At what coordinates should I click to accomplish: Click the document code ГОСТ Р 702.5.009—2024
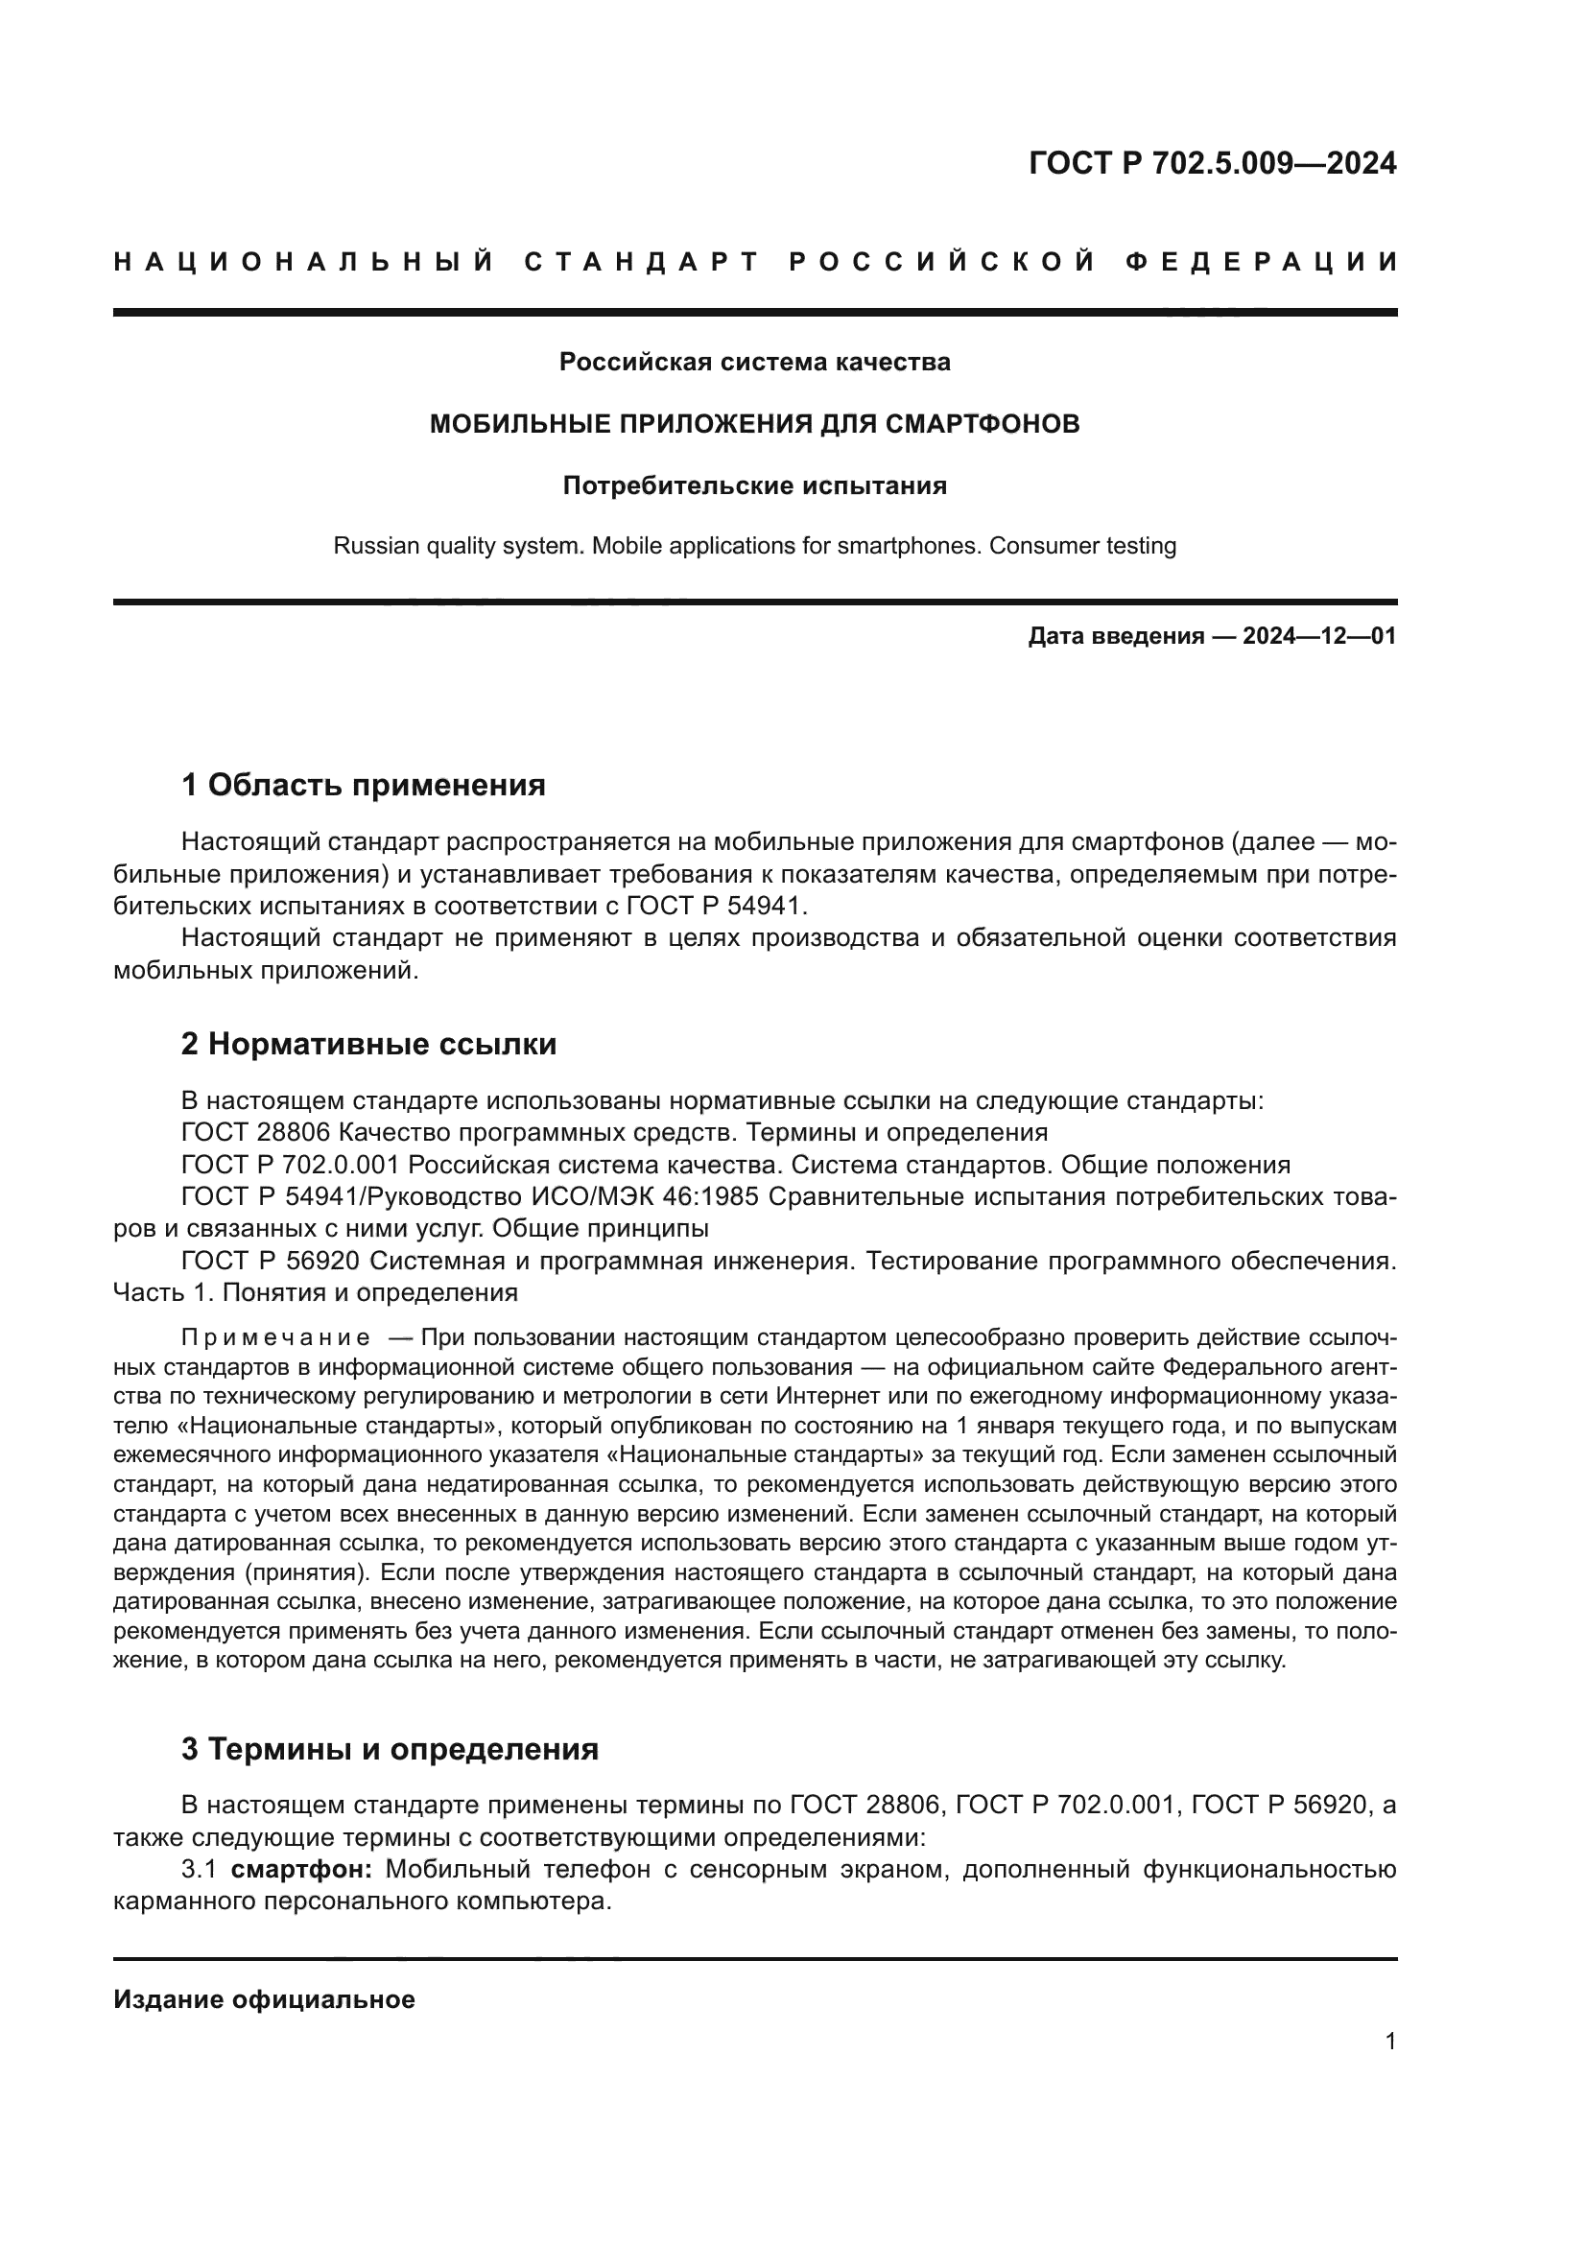click(1213, 163)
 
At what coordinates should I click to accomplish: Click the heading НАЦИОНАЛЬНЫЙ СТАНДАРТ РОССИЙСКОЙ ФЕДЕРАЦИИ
click(755, 262)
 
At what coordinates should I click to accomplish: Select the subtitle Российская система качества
click(754, 363)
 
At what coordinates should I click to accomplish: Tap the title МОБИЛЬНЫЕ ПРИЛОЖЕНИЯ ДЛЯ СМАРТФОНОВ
click(754, 424)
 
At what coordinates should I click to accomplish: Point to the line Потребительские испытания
click(754, 485)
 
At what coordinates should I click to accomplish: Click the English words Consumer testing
click(1082, 545)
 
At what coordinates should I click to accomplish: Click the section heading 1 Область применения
click(364, 785)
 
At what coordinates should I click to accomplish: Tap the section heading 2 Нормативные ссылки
click(368, 1044)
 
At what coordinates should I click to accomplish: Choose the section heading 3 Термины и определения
click(390, 1749)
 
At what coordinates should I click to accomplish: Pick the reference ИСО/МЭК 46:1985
click(645, 1196)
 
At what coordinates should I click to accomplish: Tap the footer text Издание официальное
click(264, 1999)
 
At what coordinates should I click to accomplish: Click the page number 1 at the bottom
click(1389, 2042)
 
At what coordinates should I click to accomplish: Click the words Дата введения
click(1115, 637)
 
